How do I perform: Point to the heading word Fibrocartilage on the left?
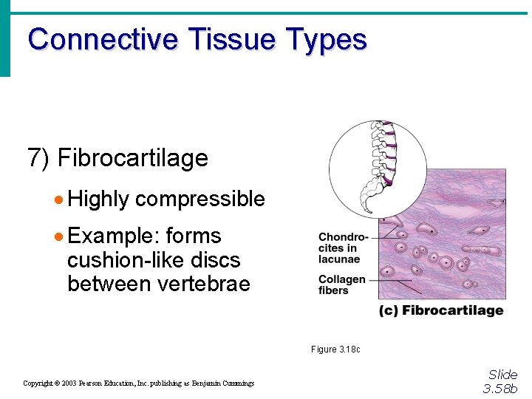point(132,157)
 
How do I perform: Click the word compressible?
point(199,199)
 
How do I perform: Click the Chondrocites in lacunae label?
point(342,248)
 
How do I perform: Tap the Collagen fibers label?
point(341,284)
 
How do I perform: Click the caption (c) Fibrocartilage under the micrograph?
point(441,310)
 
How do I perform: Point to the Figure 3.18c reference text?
point(335,349)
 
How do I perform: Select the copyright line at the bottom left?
point(138,383)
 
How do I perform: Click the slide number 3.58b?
point(500,389)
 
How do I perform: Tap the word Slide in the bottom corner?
point(502,375)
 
